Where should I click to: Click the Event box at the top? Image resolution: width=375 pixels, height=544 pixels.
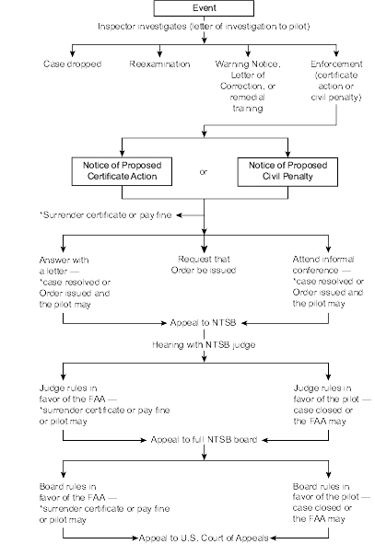click(x=204, y=8)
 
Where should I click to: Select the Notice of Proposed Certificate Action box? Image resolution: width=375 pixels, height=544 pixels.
click(x=122, y=171)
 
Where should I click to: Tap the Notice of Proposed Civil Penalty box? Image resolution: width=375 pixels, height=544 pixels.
click(x=287, y=172)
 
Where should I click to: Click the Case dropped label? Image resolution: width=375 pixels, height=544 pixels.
click(x=72, y=64)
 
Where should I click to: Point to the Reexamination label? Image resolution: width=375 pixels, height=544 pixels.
click(x=159, y=64)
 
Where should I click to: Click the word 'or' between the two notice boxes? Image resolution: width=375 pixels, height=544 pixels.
click(x=204, y=172)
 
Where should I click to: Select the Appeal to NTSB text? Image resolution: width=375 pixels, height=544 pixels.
click(x=203, y=323)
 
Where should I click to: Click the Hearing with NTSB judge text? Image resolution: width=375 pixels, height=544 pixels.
click(x=204, y=345)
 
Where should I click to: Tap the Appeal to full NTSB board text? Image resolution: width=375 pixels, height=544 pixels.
click(x=204, y=440)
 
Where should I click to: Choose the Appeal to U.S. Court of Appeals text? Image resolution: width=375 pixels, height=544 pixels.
click(x=204, y=538)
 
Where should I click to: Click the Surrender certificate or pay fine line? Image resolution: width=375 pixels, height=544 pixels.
click(x=106, y=215)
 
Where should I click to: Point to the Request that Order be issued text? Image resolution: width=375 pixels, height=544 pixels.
click(x=204, y=265)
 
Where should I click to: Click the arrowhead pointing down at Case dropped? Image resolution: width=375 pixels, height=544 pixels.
click(x=72, y=53)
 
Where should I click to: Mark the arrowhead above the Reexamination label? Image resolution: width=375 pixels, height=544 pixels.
click(x=159, y=53)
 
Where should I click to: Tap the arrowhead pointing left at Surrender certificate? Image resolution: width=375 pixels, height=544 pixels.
click(x=179, y=215)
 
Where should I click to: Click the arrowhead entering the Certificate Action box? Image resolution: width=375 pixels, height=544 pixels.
click(x=122, y=154)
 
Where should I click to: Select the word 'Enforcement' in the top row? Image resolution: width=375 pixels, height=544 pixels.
click(x=336, y=64)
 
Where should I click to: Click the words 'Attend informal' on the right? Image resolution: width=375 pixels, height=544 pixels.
click(x=323, y=260)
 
